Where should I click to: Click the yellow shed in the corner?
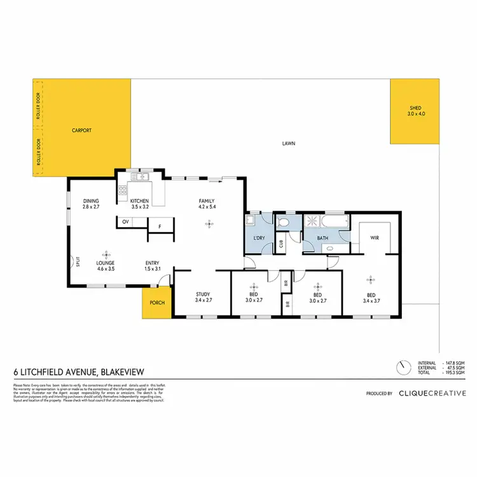tap(415, 111)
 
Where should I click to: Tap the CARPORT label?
tap(82, 130)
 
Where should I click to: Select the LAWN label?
tap(289, 144)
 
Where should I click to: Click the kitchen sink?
tap(140, 177)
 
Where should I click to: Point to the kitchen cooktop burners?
tap(121, 189)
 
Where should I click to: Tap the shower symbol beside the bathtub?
tap(313, 222)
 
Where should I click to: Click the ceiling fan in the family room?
tap(207, 223)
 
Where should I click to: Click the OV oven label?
tap(126, 221)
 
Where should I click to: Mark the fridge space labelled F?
tap(158, 226)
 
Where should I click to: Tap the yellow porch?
tap(156, 303)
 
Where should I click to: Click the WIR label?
tap(374, 238)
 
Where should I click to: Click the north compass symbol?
tap(401, 368)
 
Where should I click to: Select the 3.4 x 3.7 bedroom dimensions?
tap(371, 300)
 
